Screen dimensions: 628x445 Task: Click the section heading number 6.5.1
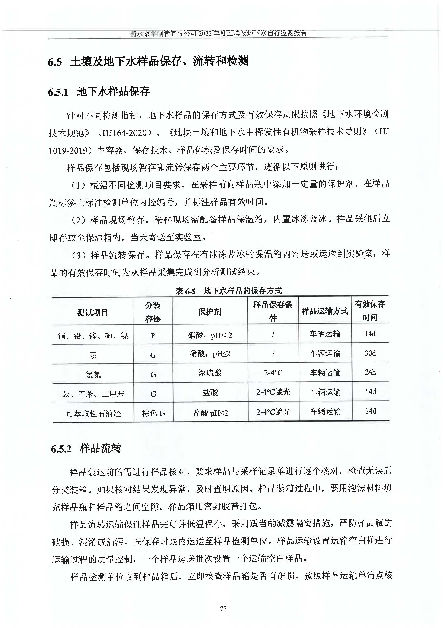(x=58, y=92)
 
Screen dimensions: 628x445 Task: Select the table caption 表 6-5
(x=185, y=291)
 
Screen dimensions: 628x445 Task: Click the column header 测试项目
(x=93, y=312)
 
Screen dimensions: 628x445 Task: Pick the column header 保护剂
(x=210, y=312)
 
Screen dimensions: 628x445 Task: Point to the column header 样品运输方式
(x=325, y=311)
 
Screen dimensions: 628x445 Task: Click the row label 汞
(x=93, y=355)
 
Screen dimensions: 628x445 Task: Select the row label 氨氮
(x=93, y=375)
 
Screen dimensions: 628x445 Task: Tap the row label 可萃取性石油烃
(x=93, y=413)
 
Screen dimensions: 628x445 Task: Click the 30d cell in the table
(x=370, y=353)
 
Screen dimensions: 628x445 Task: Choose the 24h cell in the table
(x=370, y=372)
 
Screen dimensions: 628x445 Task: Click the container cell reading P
(x=153, y=335)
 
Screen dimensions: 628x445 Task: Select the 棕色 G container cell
(x=153, y=413)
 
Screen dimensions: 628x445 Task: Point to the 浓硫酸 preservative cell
(x=210, y=373)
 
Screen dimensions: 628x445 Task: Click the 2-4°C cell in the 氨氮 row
(x=273, y=373)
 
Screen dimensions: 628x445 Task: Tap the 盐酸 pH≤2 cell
(x=210, y=413)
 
